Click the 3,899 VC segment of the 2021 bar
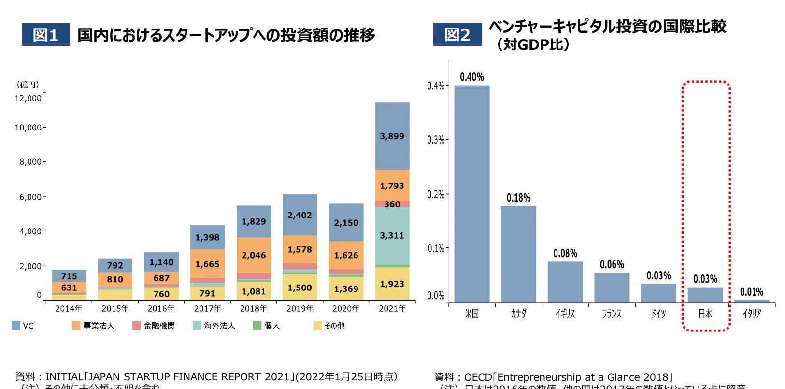pos(392,136)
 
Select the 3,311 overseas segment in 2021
pos(392,235)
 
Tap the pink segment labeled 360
pos(392,204)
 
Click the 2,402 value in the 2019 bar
pos(300,215)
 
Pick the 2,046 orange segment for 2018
pos(254,255)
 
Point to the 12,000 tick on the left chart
pos(28,98)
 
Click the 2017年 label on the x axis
pos(207,308)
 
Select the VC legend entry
pos(23,326)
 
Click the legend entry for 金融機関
pos(154,326)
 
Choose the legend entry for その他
pos(329,326)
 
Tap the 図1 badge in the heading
pos(45,35)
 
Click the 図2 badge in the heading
pos(457,35)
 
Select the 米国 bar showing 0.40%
pos(471,193)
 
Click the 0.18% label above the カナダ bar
pos(518,198)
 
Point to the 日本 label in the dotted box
pos(705,314)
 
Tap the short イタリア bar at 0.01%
pos(752,301)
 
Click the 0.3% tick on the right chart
pos(436,140)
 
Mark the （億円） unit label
pos(28,85)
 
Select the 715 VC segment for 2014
pos(69,276)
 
